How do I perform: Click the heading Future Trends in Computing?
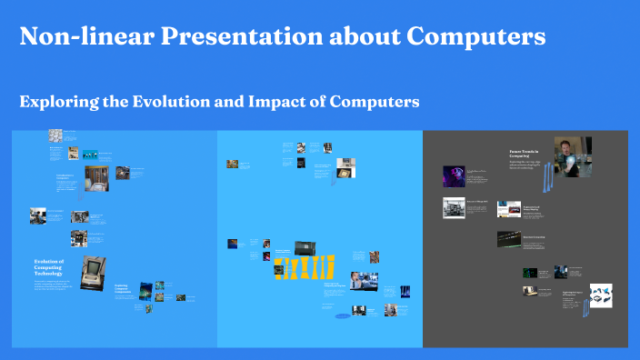525,155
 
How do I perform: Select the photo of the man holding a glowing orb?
568,155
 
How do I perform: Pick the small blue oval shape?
342,316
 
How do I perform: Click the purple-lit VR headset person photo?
454,176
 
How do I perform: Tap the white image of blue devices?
601,295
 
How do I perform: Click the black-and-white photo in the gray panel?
455,208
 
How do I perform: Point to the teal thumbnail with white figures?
90,154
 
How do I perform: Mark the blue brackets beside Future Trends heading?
547,178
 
